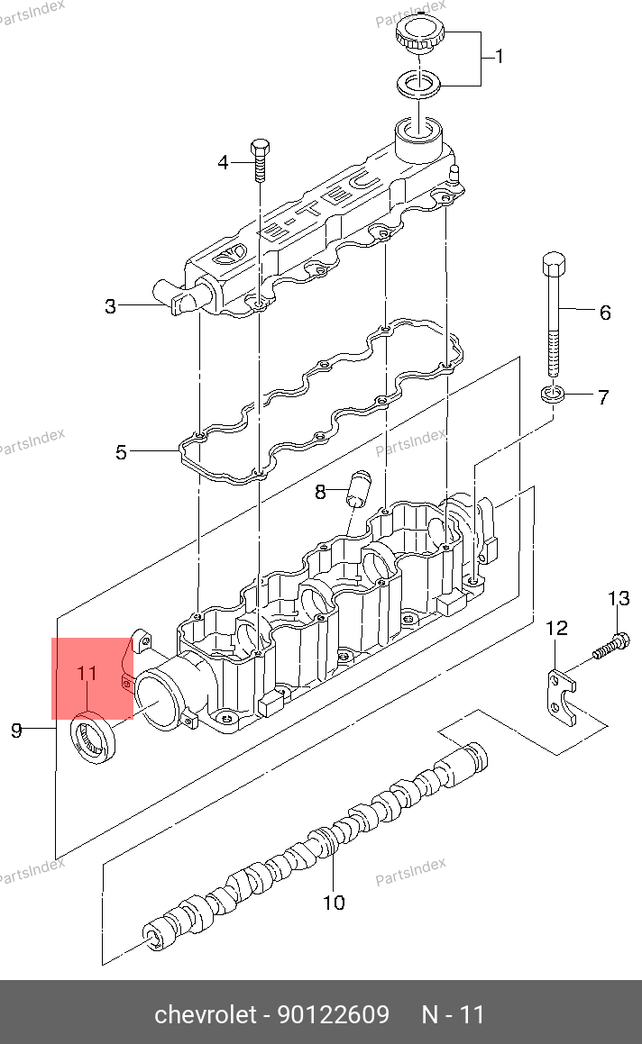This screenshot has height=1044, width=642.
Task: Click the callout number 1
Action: (499, 57)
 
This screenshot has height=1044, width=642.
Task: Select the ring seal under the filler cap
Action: (420, 85)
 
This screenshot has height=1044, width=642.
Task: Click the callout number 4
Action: (224, 162)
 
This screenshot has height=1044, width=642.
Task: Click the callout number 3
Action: (111, 306)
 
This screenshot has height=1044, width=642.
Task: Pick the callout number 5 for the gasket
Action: (121, 453)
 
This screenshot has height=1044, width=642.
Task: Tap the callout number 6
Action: (605, 313)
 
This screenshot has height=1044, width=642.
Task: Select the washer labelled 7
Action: (553, 394)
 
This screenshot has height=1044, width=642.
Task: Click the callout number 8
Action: (321, 492)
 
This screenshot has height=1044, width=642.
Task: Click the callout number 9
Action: (16, 731)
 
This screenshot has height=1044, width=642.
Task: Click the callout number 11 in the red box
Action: (87, 673)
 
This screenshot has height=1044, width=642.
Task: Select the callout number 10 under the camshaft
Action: (334, 903)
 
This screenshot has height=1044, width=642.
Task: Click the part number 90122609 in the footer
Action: (334, 1014)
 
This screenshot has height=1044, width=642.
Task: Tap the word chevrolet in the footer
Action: (206, 1014)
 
